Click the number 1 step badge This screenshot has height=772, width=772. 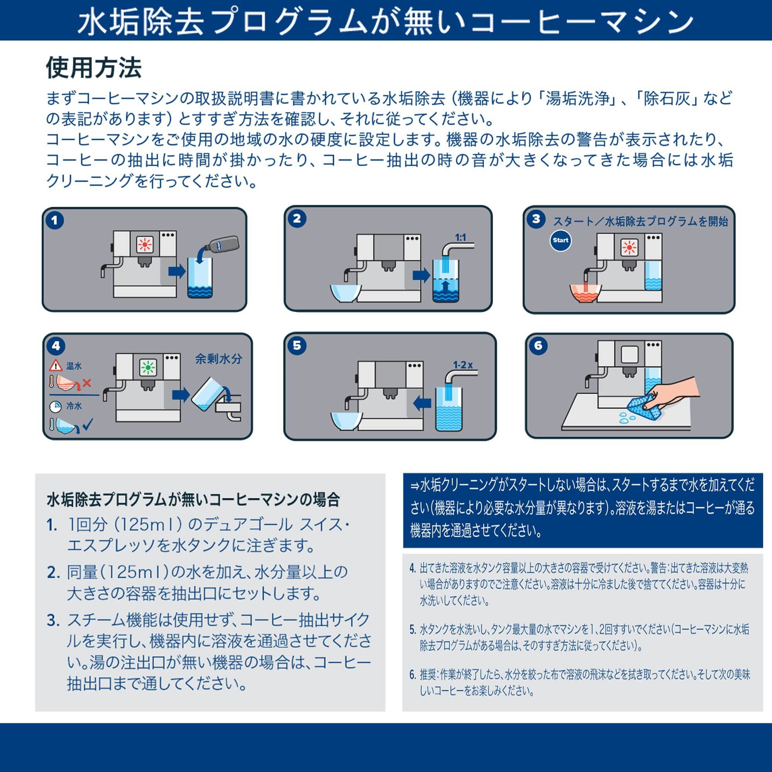coord(55,220)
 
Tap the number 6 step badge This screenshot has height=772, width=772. coord(538,345)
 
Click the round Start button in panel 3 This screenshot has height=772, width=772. coord(560,240)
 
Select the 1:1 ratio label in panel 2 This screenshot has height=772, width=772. coord(460,237)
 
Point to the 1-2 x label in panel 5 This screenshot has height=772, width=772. coord(463,365)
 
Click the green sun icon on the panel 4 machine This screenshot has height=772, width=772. coord(148,367)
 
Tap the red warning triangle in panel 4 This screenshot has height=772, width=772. coord(56,365)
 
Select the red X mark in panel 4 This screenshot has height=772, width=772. coord(87,383)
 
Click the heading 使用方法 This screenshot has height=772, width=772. coord(94,68)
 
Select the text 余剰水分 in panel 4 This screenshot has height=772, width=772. coord(218,359)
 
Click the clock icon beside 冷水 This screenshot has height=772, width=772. coord(56,407)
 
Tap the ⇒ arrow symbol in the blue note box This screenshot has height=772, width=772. coord(416,486)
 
